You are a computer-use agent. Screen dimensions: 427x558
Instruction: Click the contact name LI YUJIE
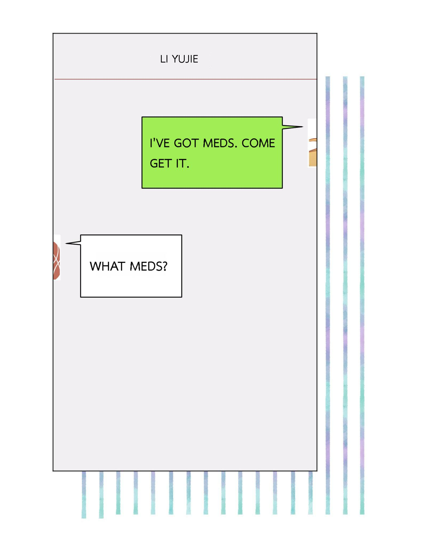179,59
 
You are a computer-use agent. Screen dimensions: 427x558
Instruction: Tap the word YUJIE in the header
185,59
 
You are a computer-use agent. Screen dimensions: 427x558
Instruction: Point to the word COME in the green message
258,143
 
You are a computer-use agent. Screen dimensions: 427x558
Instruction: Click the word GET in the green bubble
160,163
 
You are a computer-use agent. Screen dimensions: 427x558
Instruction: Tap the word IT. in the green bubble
183,163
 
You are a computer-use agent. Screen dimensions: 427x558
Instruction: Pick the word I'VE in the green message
159,143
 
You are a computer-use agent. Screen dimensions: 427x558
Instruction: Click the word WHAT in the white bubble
107,266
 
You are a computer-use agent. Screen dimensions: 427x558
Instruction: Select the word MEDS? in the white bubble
148,266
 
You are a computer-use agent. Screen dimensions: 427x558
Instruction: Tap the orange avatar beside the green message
312,152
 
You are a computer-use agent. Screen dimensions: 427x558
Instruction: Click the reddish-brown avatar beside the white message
56,260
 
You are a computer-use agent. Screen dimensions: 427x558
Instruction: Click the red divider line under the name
185,79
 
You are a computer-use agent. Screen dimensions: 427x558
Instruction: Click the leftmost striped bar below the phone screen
84,494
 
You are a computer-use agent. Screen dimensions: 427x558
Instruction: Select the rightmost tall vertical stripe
362,295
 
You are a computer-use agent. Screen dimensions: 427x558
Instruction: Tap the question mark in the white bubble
165,266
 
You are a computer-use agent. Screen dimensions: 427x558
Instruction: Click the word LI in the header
164,59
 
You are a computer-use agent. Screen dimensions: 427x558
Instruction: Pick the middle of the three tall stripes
345,295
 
